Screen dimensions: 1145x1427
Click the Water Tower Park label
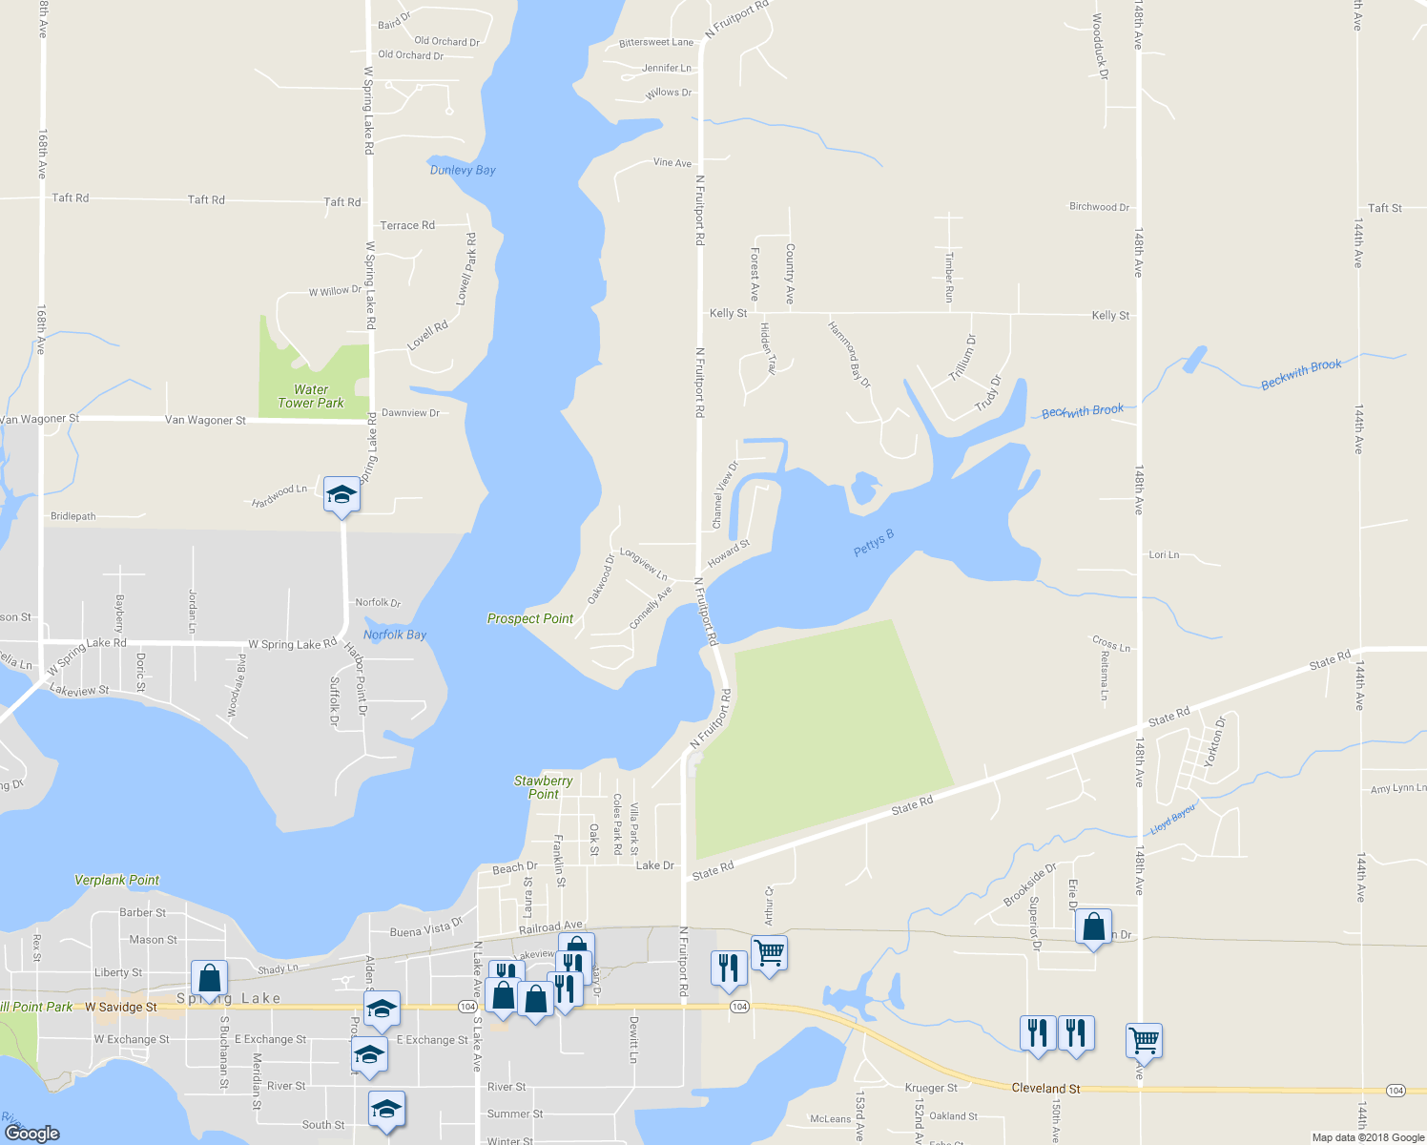click(311, 396)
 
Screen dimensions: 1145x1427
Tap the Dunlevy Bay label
click(463, 170)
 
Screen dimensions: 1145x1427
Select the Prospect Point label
click(530, 618)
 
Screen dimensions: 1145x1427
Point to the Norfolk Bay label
click(395, 635)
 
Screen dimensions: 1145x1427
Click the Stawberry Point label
click(544, 787)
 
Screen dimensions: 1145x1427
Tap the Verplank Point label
click(117, 880)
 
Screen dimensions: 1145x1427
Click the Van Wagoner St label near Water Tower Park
click(205, 420)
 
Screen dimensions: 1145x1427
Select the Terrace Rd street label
click(407, 225)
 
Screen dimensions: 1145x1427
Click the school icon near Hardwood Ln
click(341, 495)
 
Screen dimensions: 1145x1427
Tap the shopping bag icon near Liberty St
click(209, 978)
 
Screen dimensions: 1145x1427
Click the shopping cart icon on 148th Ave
click(1144, 1039)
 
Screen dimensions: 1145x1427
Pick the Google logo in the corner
click(31, 1133)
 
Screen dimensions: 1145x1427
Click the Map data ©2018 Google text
click(1368, 1137)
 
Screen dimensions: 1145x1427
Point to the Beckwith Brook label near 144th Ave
click(1301, 373)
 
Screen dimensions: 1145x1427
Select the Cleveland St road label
click(1045, 1088)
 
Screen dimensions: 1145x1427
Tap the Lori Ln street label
click(1164, 554)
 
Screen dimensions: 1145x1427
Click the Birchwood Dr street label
click(1099, 206)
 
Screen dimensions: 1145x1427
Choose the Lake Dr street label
click(654, 865)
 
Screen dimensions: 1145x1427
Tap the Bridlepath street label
click(73, 516)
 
